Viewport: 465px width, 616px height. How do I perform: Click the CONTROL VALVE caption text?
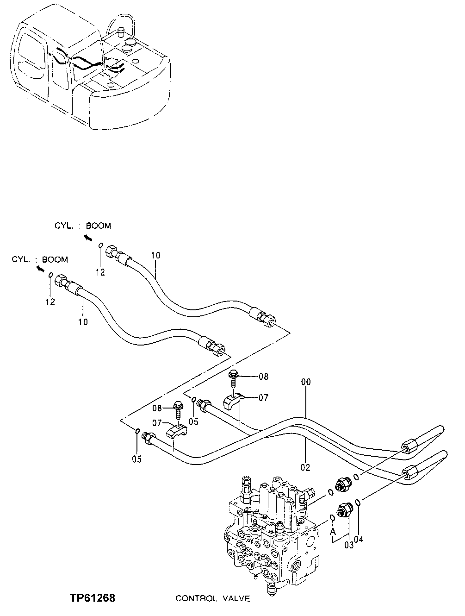[212, 599]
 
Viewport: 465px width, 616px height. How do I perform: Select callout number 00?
[306, 382]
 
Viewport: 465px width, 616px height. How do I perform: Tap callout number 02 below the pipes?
[305, 467]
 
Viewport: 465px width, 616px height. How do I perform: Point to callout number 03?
[348, 545]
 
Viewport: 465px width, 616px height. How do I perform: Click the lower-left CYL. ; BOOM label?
[40, 260]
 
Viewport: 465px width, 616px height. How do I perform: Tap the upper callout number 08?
[263, 377]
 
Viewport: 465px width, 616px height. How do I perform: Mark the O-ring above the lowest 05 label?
[137, 432]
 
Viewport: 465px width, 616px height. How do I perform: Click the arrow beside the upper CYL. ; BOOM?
[87, 238]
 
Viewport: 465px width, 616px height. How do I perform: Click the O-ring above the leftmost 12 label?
[51, 275]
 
